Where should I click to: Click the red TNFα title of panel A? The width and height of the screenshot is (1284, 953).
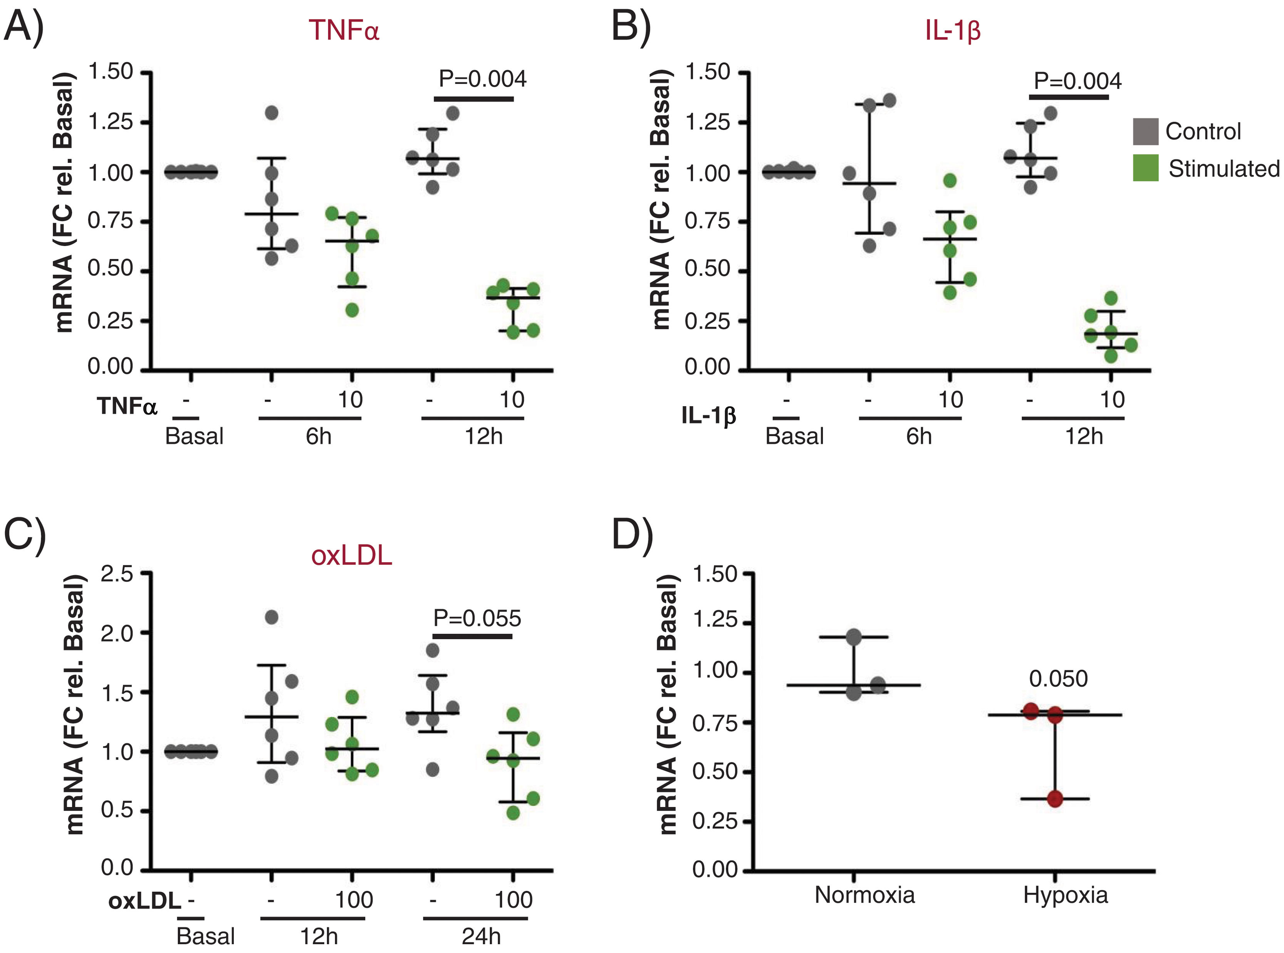[x=344, y=30]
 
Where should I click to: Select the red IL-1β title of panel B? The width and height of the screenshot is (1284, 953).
[x=952, y=30]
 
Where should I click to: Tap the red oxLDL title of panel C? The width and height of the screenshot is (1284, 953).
[x=351, y=556]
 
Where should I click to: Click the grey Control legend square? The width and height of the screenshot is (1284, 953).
[x=1145, y=132]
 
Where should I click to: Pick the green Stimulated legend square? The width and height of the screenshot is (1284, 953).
[x=1145, y=168]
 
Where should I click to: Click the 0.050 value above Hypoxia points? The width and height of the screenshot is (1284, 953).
[x=1058, y=679]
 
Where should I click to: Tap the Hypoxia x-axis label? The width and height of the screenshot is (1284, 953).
[x=1065, y=895]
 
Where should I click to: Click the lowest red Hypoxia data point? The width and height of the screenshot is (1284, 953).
[x=1055, y=799]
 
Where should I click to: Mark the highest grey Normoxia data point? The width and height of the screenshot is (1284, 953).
[x=854, y=637]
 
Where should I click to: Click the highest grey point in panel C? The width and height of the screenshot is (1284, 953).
[x=271, y=617]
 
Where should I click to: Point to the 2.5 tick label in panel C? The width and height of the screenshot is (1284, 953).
[x=117, y=574]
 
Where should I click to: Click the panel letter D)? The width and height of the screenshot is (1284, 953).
[x=633, y=535]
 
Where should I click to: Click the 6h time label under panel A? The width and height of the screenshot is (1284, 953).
[x=319, y=436]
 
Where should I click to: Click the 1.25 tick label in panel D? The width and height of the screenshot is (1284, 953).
[x=714, y=621]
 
